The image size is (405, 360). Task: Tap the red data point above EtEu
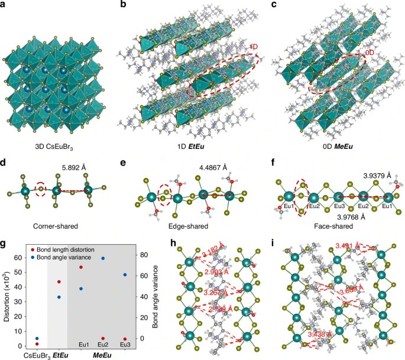(59, 281)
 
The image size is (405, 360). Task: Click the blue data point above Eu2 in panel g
(103, 258)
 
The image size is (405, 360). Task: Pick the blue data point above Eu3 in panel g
(125, 274)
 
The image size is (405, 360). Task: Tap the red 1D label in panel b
(253, 46)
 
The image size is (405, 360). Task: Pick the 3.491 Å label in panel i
(348, 245)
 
